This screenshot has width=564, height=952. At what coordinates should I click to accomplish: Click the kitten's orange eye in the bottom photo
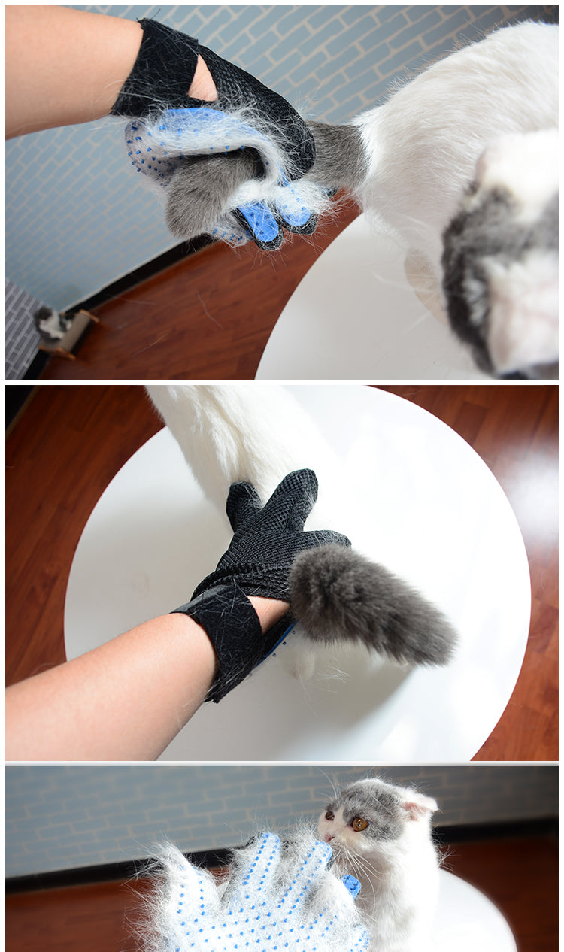click(359, 823)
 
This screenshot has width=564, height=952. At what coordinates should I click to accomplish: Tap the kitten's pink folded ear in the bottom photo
click(418, 806)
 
